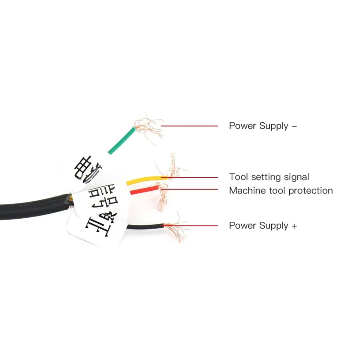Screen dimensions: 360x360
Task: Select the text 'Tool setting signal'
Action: [x=269, y=177]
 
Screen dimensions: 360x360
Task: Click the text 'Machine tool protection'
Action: [x=281, y=191]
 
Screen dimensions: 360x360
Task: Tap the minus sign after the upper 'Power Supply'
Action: [x=294, y=126]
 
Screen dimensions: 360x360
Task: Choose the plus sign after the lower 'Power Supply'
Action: [x=294, y=225]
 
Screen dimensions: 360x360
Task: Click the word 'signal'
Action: [x=296, y=178]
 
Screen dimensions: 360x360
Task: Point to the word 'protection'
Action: [x=310, y=191]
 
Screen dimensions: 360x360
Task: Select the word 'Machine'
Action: [x=245, y=191]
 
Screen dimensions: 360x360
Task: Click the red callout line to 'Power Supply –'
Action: [x=189, y=126]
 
